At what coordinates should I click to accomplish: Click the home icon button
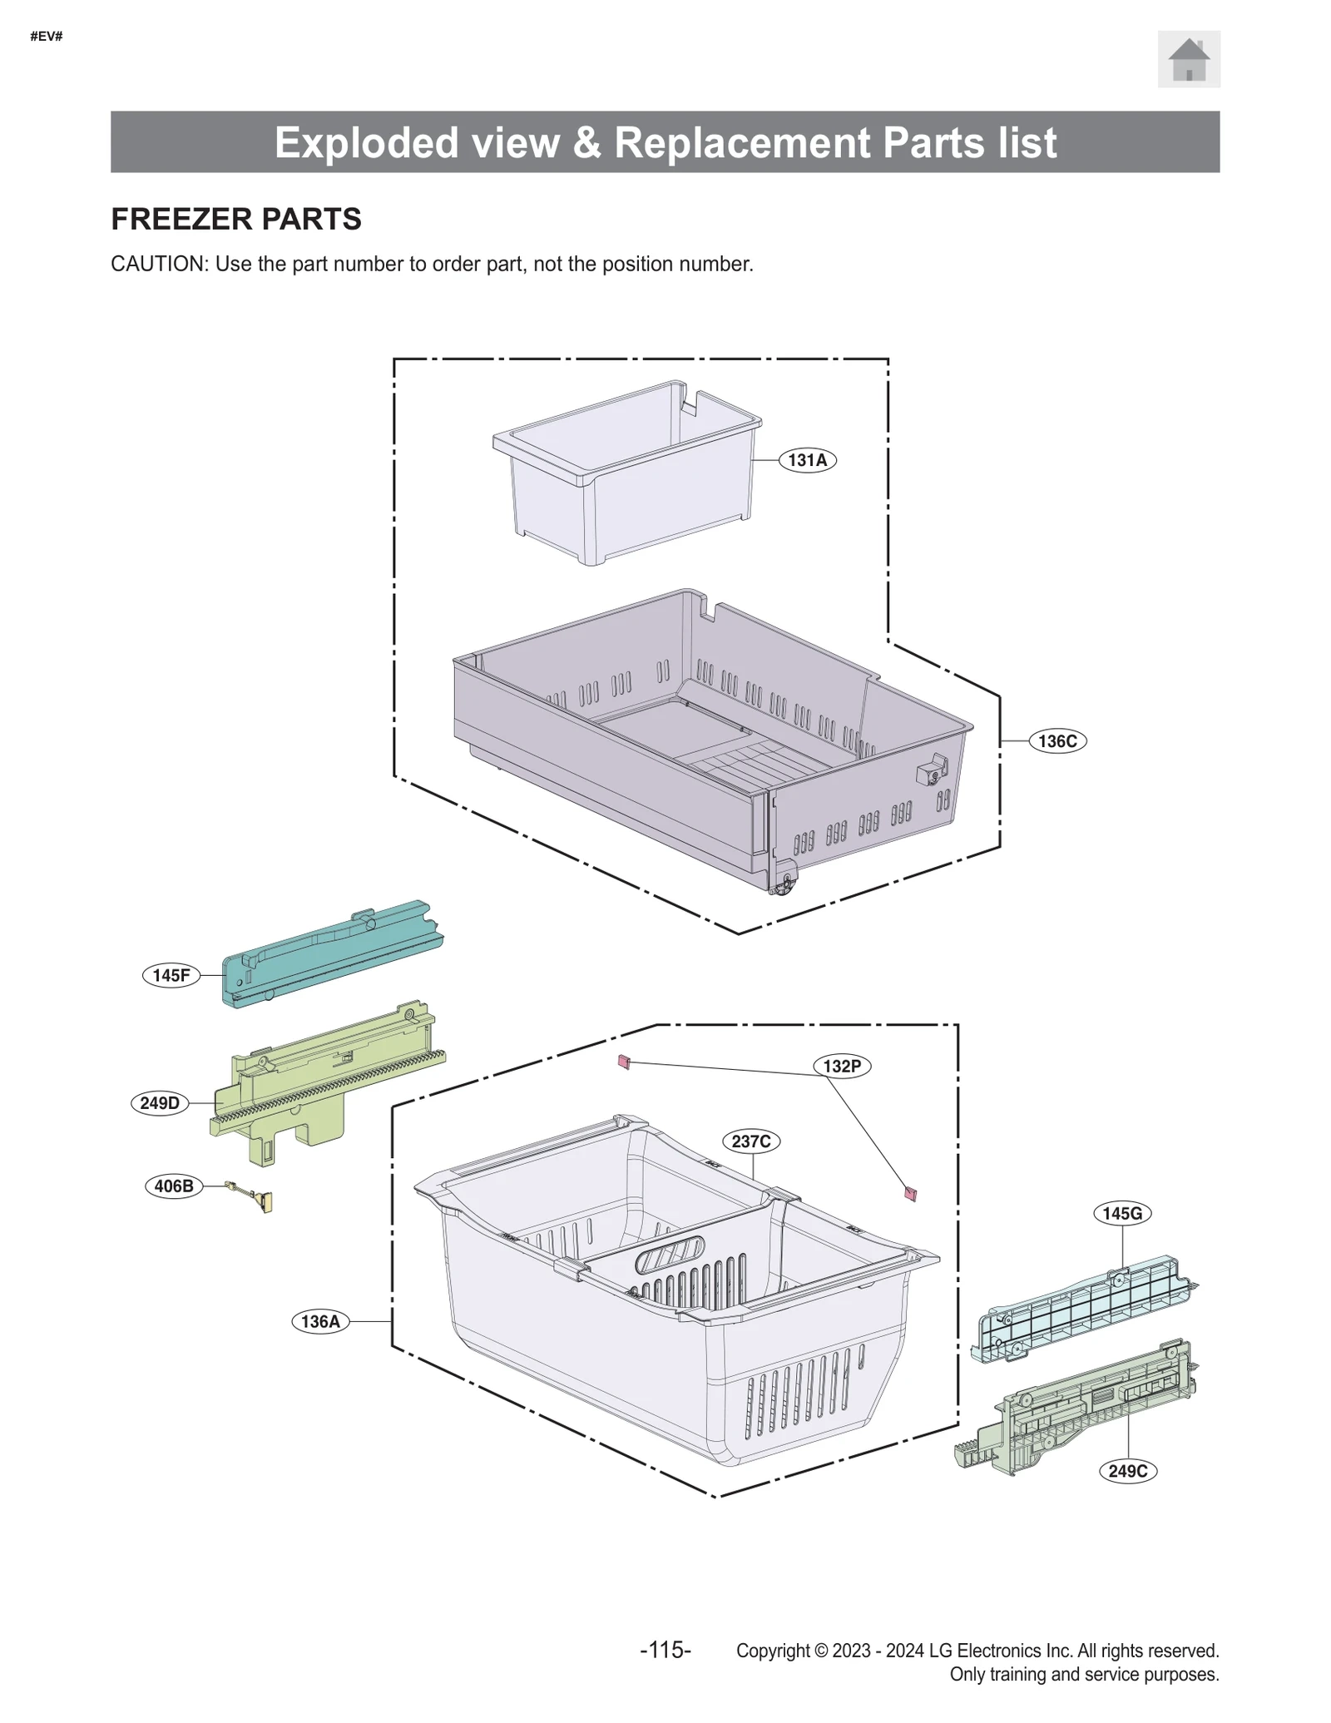pos(1188,59)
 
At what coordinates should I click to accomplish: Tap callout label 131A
pos(806,460)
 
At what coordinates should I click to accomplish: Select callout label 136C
pos(1056,740)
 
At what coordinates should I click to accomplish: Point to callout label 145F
pos(171,975)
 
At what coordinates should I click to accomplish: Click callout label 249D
pos(160,1103)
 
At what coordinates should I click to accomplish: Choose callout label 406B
pos(173,1186)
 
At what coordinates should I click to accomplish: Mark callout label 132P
pos(841,1066)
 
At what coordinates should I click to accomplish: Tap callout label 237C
pos(750,1141)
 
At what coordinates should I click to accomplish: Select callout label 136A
pos(320,1321)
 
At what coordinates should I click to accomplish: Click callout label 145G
pos(1121,1213)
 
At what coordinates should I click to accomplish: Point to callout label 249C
pos(1127,1471)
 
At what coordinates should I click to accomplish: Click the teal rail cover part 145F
pos(333,955)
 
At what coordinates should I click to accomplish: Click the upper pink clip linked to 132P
pos(624,1062)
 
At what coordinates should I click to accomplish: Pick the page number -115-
pos(665,1650)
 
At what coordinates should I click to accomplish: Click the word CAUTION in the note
pos(157,264)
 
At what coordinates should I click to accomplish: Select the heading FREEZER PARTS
pos(236,219)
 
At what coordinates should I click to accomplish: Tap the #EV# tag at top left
pos(47,37)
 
